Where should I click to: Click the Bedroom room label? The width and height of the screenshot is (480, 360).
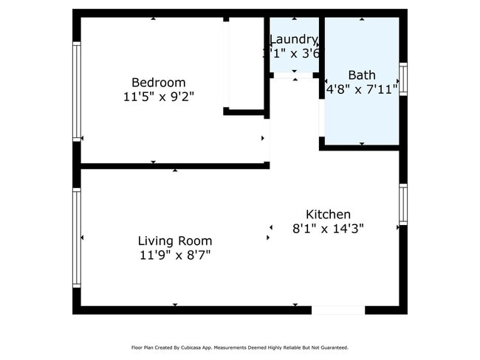pos(158,82)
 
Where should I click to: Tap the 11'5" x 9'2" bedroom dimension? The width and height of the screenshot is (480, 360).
pos(158,96)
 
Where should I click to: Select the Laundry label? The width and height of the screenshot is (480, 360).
pos(294,39)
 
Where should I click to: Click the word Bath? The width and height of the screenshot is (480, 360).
pos(362,75)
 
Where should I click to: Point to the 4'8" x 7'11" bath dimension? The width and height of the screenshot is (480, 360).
pos(362,89)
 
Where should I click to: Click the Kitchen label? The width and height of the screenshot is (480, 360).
pos(328,214)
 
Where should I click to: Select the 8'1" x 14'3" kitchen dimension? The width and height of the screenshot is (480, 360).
pos(328,228)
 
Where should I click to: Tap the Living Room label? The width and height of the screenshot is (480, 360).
pos(175,240)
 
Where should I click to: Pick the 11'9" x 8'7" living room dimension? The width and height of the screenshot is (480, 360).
pos(175,255)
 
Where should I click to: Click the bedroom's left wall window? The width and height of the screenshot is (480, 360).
pos(76,91)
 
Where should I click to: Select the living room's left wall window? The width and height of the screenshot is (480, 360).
pos(76,238)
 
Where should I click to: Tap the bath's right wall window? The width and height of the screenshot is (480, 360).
pos(403,79)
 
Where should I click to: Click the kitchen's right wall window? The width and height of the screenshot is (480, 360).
pos(403,204)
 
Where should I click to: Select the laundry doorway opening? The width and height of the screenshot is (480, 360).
pos(295,75)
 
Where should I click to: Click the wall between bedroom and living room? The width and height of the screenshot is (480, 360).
pos(174,166)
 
